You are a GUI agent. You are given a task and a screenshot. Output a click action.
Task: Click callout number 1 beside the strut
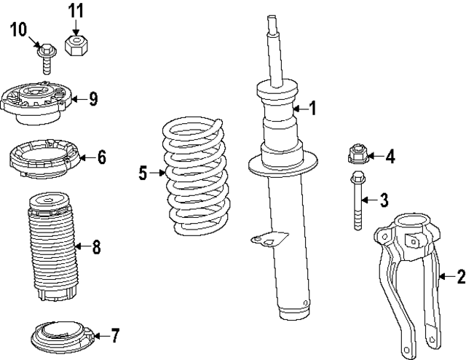312,109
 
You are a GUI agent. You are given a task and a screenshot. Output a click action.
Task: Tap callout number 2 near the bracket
459,275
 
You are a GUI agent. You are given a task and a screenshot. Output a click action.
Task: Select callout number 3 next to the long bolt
385,200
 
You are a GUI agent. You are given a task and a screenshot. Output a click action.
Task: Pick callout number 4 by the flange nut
390,156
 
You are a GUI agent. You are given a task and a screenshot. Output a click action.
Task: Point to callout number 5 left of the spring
143,173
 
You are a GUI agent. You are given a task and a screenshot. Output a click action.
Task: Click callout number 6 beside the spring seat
101,156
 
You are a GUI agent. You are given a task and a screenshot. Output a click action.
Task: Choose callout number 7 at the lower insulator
114,335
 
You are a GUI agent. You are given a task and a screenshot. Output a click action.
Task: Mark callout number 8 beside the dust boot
96,246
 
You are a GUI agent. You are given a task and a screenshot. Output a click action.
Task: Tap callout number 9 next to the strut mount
93,99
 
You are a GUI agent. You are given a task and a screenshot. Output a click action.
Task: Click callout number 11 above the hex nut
76,11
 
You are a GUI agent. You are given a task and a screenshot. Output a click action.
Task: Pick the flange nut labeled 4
356,155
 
